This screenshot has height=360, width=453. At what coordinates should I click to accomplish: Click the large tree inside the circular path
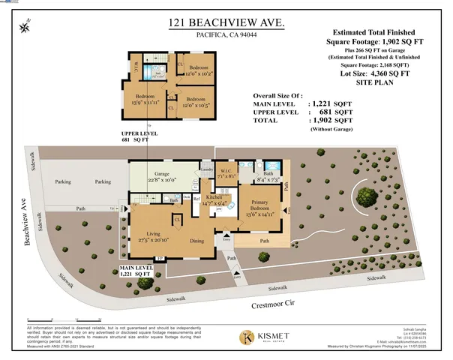tap(367, 196)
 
